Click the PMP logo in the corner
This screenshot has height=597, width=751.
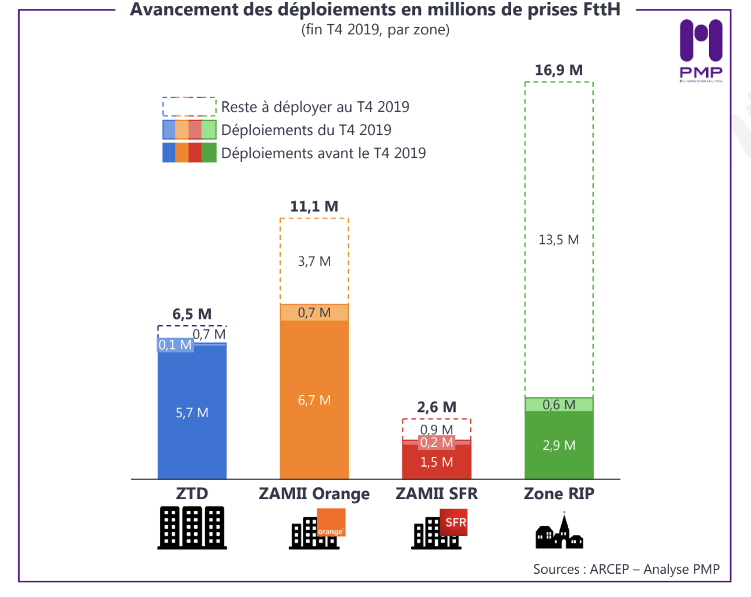tap(701, 49)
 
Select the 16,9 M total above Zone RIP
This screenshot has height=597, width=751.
tap(558, 70)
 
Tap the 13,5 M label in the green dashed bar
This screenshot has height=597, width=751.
tap(558, 240)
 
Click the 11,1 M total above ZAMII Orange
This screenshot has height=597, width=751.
tap(314, 207)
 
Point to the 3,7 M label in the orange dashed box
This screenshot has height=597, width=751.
tap(314, 261)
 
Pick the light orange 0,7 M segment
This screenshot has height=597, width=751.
tap(314, 312)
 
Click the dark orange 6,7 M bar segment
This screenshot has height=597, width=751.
tap(314, 400)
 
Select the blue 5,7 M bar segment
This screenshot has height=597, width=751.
tap(192, 413)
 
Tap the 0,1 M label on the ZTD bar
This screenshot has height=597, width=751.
tap(175, 345)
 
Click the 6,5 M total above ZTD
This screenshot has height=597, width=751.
tap(192, 314)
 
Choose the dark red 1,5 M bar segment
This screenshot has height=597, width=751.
tap(436, 463)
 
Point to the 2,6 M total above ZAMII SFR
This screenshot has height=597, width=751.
tap(436, 407)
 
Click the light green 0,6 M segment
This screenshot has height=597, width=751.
tap(558, 404)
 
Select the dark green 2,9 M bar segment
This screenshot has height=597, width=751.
tap(558, 446)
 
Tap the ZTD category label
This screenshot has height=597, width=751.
tap(192, 493)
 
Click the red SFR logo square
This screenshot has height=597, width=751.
tap(454, 522)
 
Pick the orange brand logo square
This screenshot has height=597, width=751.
tap(331, 523)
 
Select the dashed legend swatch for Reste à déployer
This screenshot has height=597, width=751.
tap(189, 106)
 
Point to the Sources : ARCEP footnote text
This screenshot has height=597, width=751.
tap(626, 569)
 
